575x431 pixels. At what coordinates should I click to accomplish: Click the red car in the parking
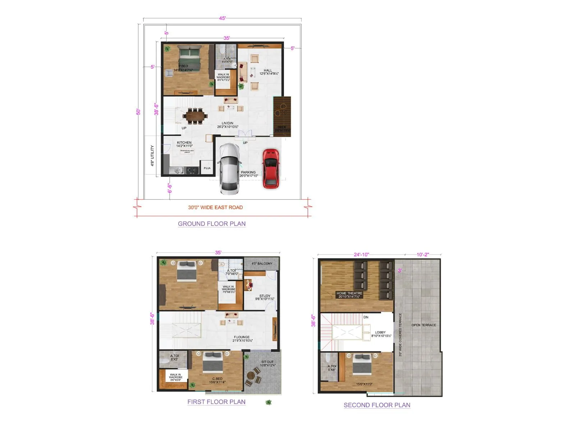click(x=270, y=168)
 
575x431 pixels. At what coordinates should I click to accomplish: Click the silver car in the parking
click(x=229, y=169)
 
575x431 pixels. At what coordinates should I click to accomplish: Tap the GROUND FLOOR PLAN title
click(x=212, y=224)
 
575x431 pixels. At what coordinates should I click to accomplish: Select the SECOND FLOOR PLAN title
click(x=377, y=405)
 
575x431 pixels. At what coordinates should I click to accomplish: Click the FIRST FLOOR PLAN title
click(x=216, y=402)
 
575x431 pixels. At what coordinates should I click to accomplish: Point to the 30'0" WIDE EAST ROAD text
click(x=215, y=208)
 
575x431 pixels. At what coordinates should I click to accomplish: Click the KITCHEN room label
click(x=184, y=143)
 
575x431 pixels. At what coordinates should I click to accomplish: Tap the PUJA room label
click(x=207, y=168)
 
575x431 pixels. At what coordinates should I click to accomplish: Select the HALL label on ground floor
click(x=268, y=71)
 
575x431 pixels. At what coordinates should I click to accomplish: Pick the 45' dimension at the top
click(x=222, y=18)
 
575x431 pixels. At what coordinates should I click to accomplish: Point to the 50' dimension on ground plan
click(x=138, y=112)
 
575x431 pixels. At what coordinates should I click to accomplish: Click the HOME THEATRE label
click(x=349, y=293)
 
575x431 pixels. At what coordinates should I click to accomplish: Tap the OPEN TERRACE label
click(x=424, y=325)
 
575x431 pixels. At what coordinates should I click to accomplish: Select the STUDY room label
click(x=265, y=296)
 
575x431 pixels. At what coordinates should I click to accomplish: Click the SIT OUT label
click(x=267, y=362)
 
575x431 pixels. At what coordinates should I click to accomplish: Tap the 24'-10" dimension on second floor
click(x=361, y=255)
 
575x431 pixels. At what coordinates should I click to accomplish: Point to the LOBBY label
click(x=380, y=333)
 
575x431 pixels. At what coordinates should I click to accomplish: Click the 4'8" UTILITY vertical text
click(x=152, y=156)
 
